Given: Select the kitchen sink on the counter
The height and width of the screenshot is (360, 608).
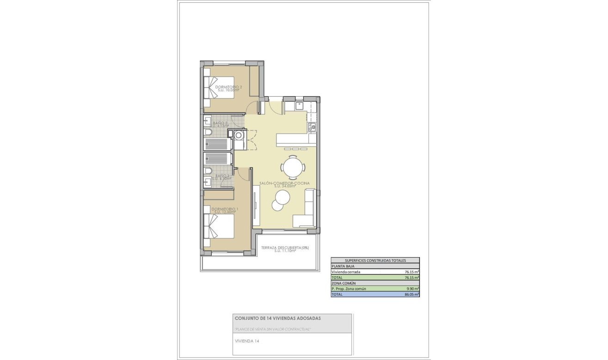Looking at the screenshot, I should click(313, 126).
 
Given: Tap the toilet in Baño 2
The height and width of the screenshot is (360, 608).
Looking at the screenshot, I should click(208, 133).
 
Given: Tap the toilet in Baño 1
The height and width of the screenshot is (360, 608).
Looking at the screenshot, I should click(208, 172).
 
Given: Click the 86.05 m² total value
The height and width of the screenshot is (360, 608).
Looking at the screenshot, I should click(411, 294).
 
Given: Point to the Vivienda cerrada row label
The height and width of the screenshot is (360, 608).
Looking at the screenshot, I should click(346, 272).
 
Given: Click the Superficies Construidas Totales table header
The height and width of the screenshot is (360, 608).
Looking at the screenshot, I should click(375, 261).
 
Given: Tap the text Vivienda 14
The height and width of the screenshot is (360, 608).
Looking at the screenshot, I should click(247, 341).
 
